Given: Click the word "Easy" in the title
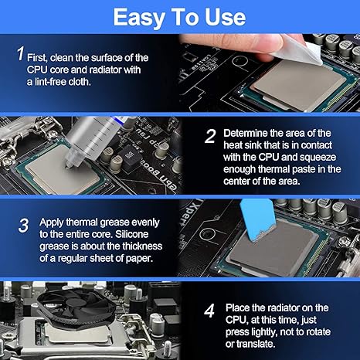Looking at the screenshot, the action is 139,18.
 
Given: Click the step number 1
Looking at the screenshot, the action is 21,54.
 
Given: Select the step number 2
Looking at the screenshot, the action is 210,136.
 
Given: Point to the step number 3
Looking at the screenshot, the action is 23,226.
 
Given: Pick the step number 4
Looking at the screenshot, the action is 209,311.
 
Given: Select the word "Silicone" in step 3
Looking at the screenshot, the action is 132,234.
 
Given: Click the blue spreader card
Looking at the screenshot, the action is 256,220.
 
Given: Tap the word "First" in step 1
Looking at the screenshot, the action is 37,58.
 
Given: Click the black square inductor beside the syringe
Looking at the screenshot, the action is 130,158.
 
